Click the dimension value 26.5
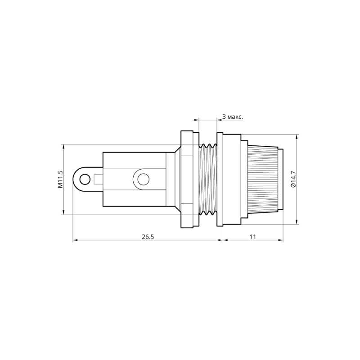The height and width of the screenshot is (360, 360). coord(147,236)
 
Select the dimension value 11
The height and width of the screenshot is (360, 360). coord(252,236)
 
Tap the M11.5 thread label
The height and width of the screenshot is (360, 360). coord(59,179)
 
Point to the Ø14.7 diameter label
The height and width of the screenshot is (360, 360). coord(293,179)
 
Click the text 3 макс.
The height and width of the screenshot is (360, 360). coord(233,117)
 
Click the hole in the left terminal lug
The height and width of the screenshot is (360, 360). coord(84,180)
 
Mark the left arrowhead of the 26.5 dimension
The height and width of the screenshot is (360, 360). coord(75,241)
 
